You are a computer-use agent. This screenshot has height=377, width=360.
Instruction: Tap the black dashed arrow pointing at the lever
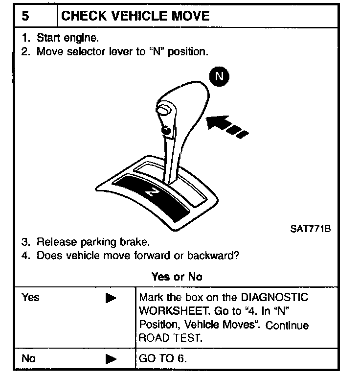point(225,124)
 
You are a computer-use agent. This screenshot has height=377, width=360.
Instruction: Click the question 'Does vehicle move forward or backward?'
point(137,255)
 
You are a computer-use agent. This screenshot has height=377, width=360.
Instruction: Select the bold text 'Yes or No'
point(177,277)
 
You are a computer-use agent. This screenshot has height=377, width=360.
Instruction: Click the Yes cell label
point(30,297)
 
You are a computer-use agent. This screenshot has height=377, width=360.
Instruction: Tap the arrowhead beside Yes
point(111,298)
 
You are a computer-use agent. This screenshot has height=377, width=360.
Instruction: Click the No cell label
point(28,358)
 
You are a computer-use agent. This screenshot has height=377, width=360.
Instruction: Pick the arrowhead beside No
point(111,359)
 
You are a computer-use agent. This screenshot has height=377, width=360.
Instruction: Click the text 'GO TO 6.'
point(163,358)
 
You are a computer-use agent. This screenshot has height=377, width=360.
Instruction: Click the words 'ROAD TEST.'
point(170,338)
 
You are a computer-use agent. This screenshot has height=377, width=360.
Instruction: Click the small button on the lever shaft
point(166,131)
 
